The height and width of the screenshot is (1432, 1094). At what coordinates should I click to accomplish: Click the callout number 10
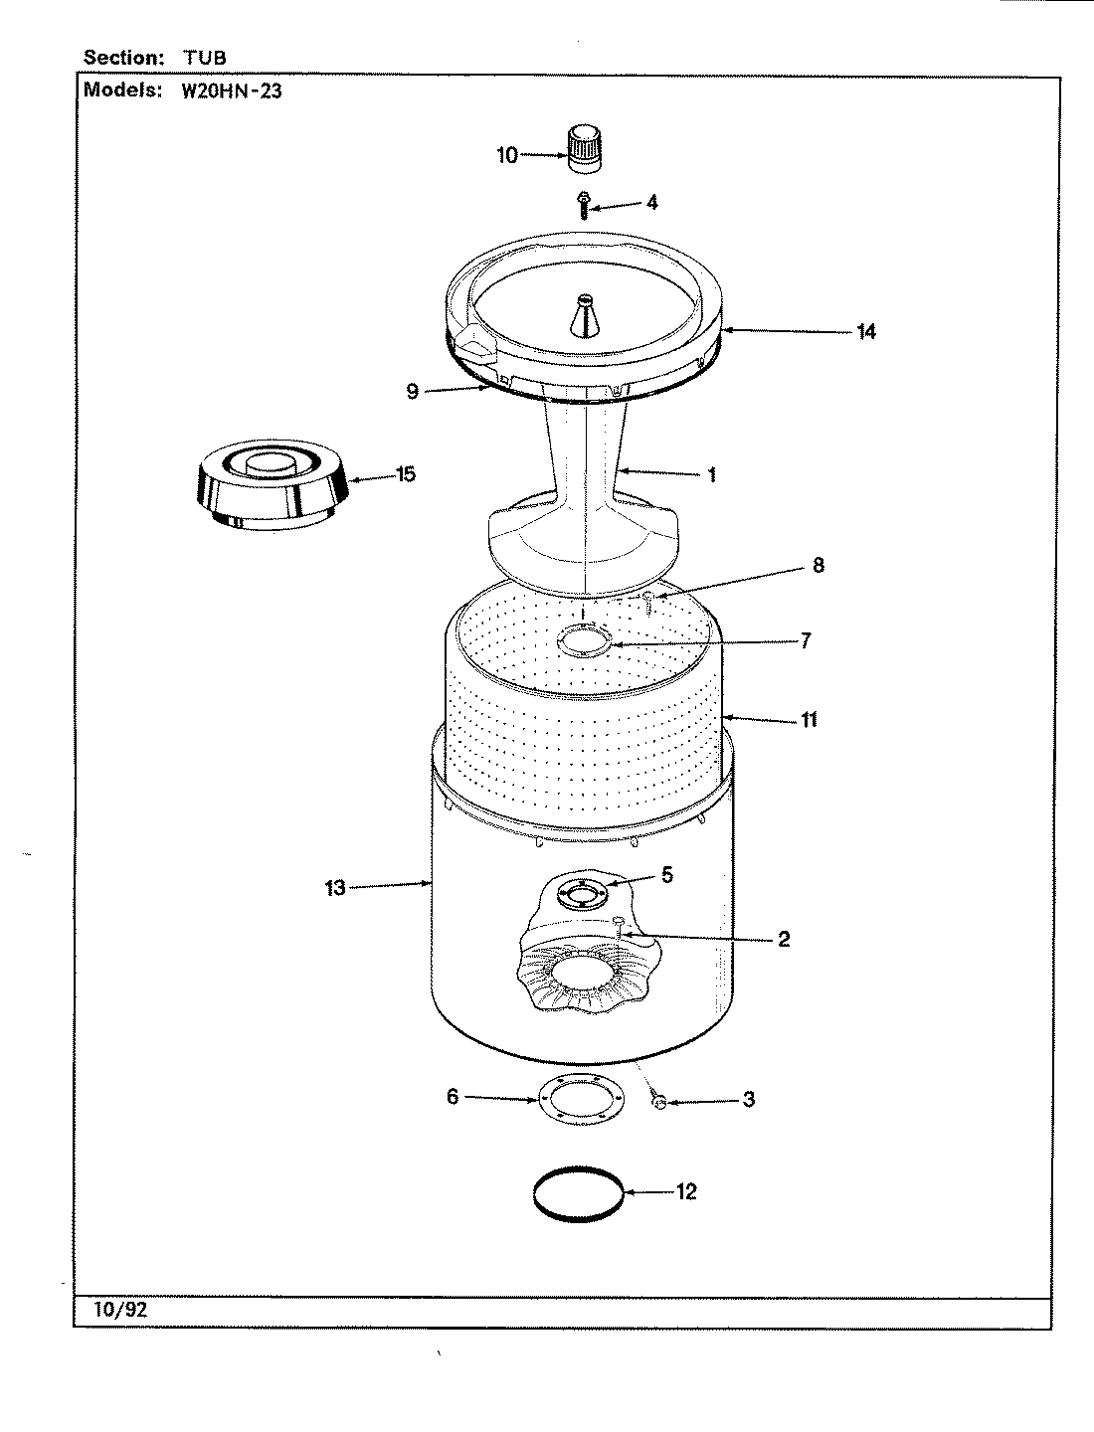coord(507,155)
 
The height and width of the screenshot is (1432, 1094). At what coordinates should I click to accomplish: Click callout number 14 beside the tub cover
coord(866,331)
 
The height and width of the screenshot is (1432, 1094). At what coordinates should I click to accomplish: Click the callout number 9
coord(413,392)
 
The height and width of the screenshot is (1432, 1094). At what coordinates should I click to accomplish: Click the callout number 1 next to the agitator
coord(712,474)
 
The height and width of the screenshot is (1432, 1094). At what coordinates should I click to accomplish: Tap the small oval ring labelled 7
coord(585,642)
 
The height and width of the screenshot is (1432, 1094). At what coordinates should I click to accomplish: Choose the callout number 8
coord(818,565)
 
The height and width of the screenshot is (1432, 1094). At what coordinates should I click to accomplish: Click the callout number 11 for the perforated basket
coord(810,719)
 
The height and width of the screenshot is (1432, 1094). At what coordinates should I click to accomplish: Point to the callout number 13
coord(335,887)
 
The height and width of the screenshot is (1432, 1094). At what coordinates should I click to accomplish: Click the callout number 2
coord(784,939)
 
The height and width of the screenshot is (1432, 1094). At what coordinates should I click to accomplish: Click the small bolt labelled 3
coord(658,1102)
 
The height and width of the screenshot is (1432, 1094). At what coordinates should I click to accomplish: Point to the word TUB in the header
coord(204,58)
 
